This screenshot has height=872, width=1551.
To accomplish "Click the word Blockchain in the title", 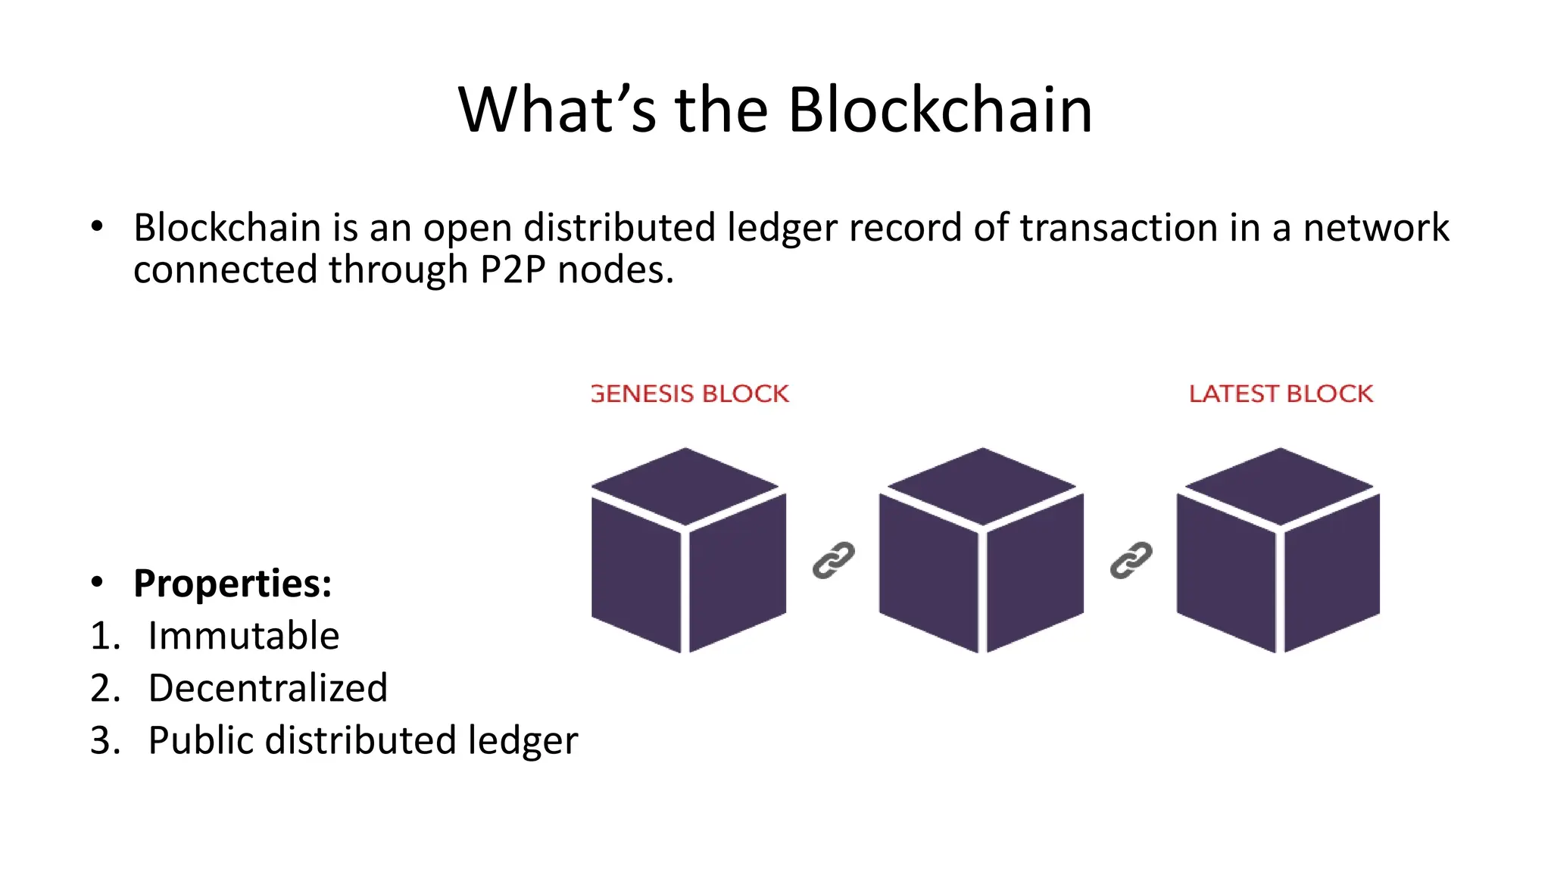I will pyautogui.click(x=940, y=111).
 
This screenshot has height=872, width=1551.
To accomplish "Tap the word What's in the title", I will pyautogui.click(x=557, y=111).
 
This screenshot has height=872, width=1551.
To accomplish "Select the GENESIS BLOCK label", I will pyautogui.click(x=690, y=394).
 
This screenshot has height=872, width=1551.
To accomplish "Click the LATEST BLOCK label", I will pyautogui.click(x=1281, y=394).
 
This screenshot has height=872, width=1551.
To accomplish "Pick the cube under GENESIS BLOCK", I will pyautogui.click(x=688, y=550).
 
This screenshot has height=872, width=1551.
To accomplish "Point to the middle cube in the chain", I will pyautogui.click(x=981, y=550).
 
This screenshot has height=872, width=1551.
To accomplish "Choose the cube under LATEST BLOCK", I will pyautogui.click(x=1278, y=550).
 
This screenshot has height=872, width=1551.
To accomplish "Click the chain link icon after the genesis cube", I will pyautogui.click(x=833, y=561).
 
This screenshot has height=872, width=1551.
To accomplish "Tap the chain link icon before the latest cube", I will pyautogui.click(x=1131, y=561).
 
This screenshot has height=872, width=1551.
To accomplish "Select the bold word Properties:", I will pyautogui.click(x=232, y=584).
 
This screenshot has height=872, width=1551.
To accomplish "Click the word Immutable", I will pyautogui.click(x=243, y=636).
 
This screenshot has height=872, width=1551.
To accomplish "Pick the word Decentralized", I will pyautogui.click(x=267, y=688).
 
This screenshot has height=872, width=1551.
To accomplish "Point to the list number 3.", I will pyautogui.click(x=105, y=740).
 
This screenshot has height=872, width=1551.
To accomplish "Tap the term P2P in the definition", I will pyautogui.click(x=513, y=270).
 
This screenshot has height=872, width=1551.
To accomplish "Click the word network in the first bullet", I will pyautogui.click(x=1375, y=228).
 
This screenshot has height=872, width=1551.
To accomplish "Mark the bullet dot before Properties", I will pyautogui.click(x=96, y=582).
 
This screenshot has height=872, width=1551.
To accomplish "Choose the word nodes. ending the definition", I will pyautogui.click(x=616, y=270).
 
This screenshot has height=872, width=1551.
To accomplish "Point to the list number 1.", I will pyautogui.click(x=105, y=636).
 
